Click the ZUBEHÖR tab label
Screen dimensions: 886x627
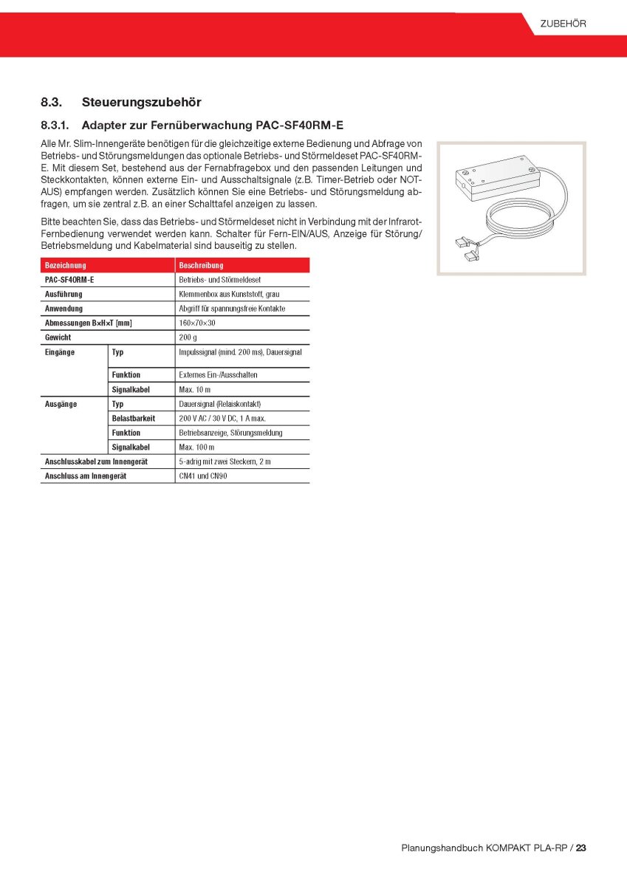[x=563, y=24]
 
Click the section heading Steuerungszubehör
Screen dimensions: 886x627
[x=142, y=102]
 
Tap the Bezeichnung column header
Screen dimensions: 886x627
[x=66, y=265]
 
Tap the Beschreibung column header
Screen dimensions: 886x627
[x=201, y=265]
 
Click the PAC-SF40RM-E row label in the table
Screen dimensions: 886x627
[x=69, y=280]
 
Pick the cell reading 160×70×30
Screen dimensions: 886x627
[x=197, y=323]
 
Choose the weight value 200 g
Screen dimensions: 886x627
[x=188, y=337]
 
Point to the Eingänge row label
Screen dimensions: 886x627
[x=60, y=352]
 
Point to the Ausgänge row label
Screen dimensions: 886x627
[x=61, y=404]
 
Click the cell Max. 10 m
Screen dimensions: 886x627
[x=195, y=389]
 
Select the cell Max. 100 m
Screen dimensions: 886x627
[x=196, y=447]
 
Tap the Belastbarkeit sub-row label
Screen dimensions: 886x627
[x=134, y=418]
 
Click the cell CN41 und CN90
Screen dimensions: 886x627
[x=203, y=476]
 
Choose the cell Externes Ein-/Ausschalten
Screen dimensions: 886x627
[x=218, y=374]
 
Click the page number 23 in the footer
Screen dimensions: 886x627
[x=581, y=848]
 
